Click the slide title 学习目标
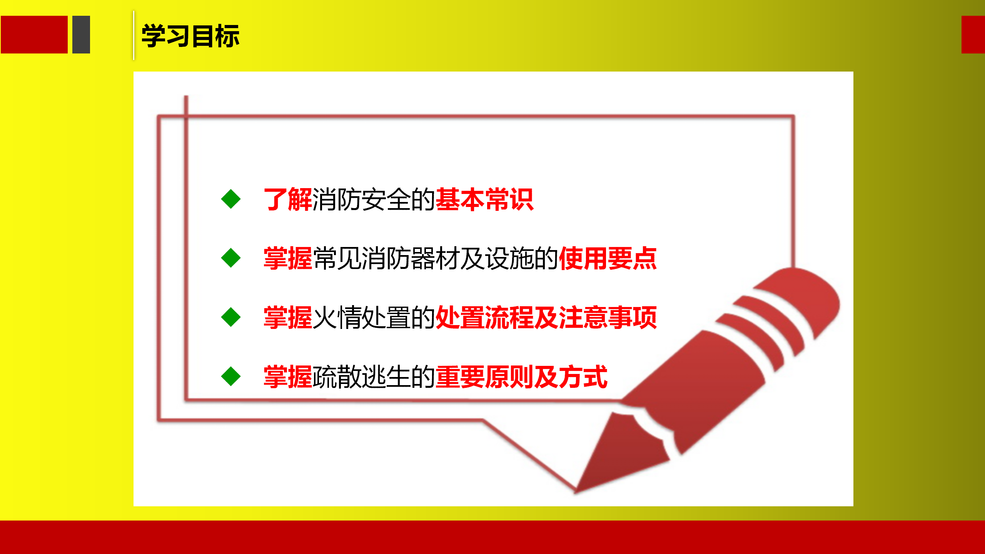pos(190,36)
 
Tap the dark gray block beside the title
pos(81,35)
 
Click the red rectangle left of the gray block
pos(34,35)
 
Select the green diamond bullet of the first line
pos(231,199)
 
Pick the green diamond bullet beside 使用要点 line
pos(231,258)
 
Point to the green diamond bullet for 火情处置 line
pos(231,317)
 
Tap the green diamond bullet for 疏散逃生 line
pos(231,376)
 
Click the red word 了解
pos(288,199)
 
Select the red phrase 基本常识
pos(484,199)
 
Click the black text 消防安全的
pos(374,199)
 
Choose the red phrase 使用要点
pos(608,258)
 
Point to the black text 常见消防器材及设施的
pos(435,258)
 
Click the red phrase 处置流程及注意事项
pos(546,317)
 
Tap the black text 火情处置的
pos(374,317)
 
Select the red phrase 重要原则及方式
pos(521,377)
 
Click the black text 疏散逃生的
pos(374,377)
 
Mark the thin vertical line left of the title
pos(134,35)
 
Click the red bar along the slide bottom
pos(492,537)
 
